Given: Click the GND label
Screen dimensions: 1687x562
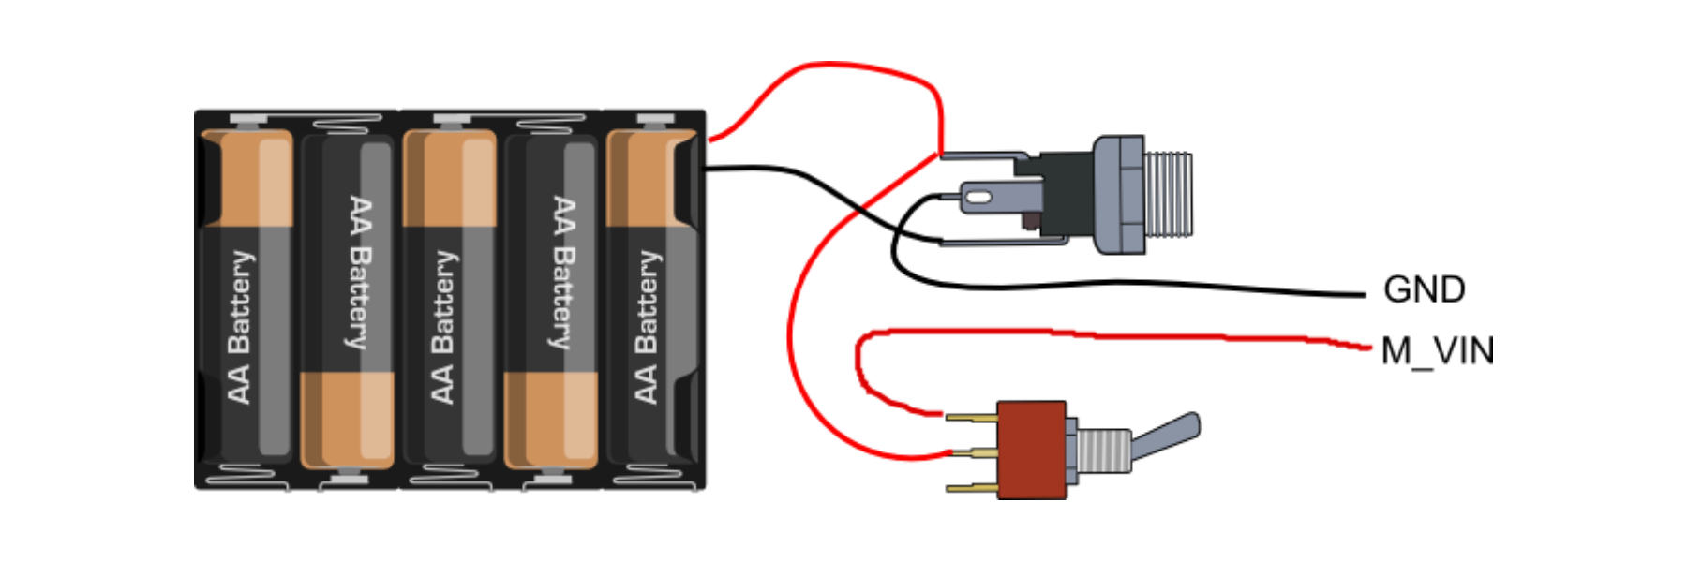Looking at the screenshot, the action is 1424,289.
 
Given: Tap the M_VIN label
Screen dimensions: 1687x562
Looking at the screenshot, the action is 1438,351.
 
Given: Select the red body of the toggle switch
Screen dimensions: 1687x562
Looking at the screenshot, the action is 1032,450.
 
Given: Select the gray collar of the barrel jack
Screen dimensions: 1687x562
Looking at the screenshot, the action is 1119,194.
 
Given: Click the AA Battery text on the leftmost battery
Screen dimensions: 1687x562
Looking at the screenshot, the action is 240,327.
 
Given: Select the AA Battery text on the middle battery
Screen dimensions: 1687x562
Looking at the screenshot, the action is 443,327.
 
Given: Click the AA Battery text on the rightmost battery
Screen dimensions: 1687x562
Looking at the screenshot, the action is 647,327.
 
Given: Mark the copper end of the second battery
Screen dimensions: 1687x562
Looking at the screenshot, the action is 347,420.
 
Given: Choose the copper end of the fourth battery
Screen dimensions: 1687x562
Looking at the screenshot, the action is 550,420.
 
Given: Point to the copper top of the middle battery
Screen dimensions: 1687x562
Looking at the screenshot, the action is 450,178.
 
